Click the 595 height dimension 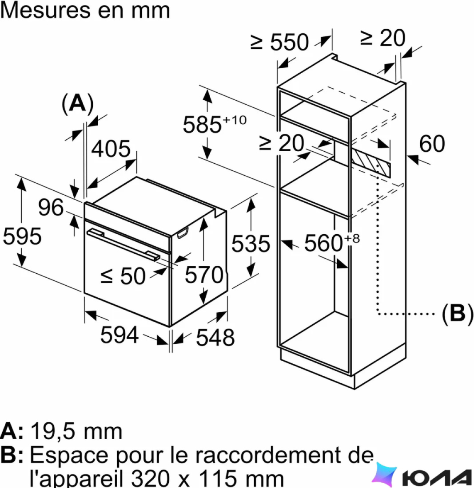point(22,236)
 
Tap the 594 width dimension point(119,335)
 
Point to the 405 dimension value point(111,149)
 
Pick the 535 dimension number point(251,244)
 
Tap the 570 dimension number point(204,275)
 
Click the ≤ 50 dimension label point(123,276)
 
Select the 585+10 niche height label point(215,124)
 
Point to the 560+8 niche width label point(332,243)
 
